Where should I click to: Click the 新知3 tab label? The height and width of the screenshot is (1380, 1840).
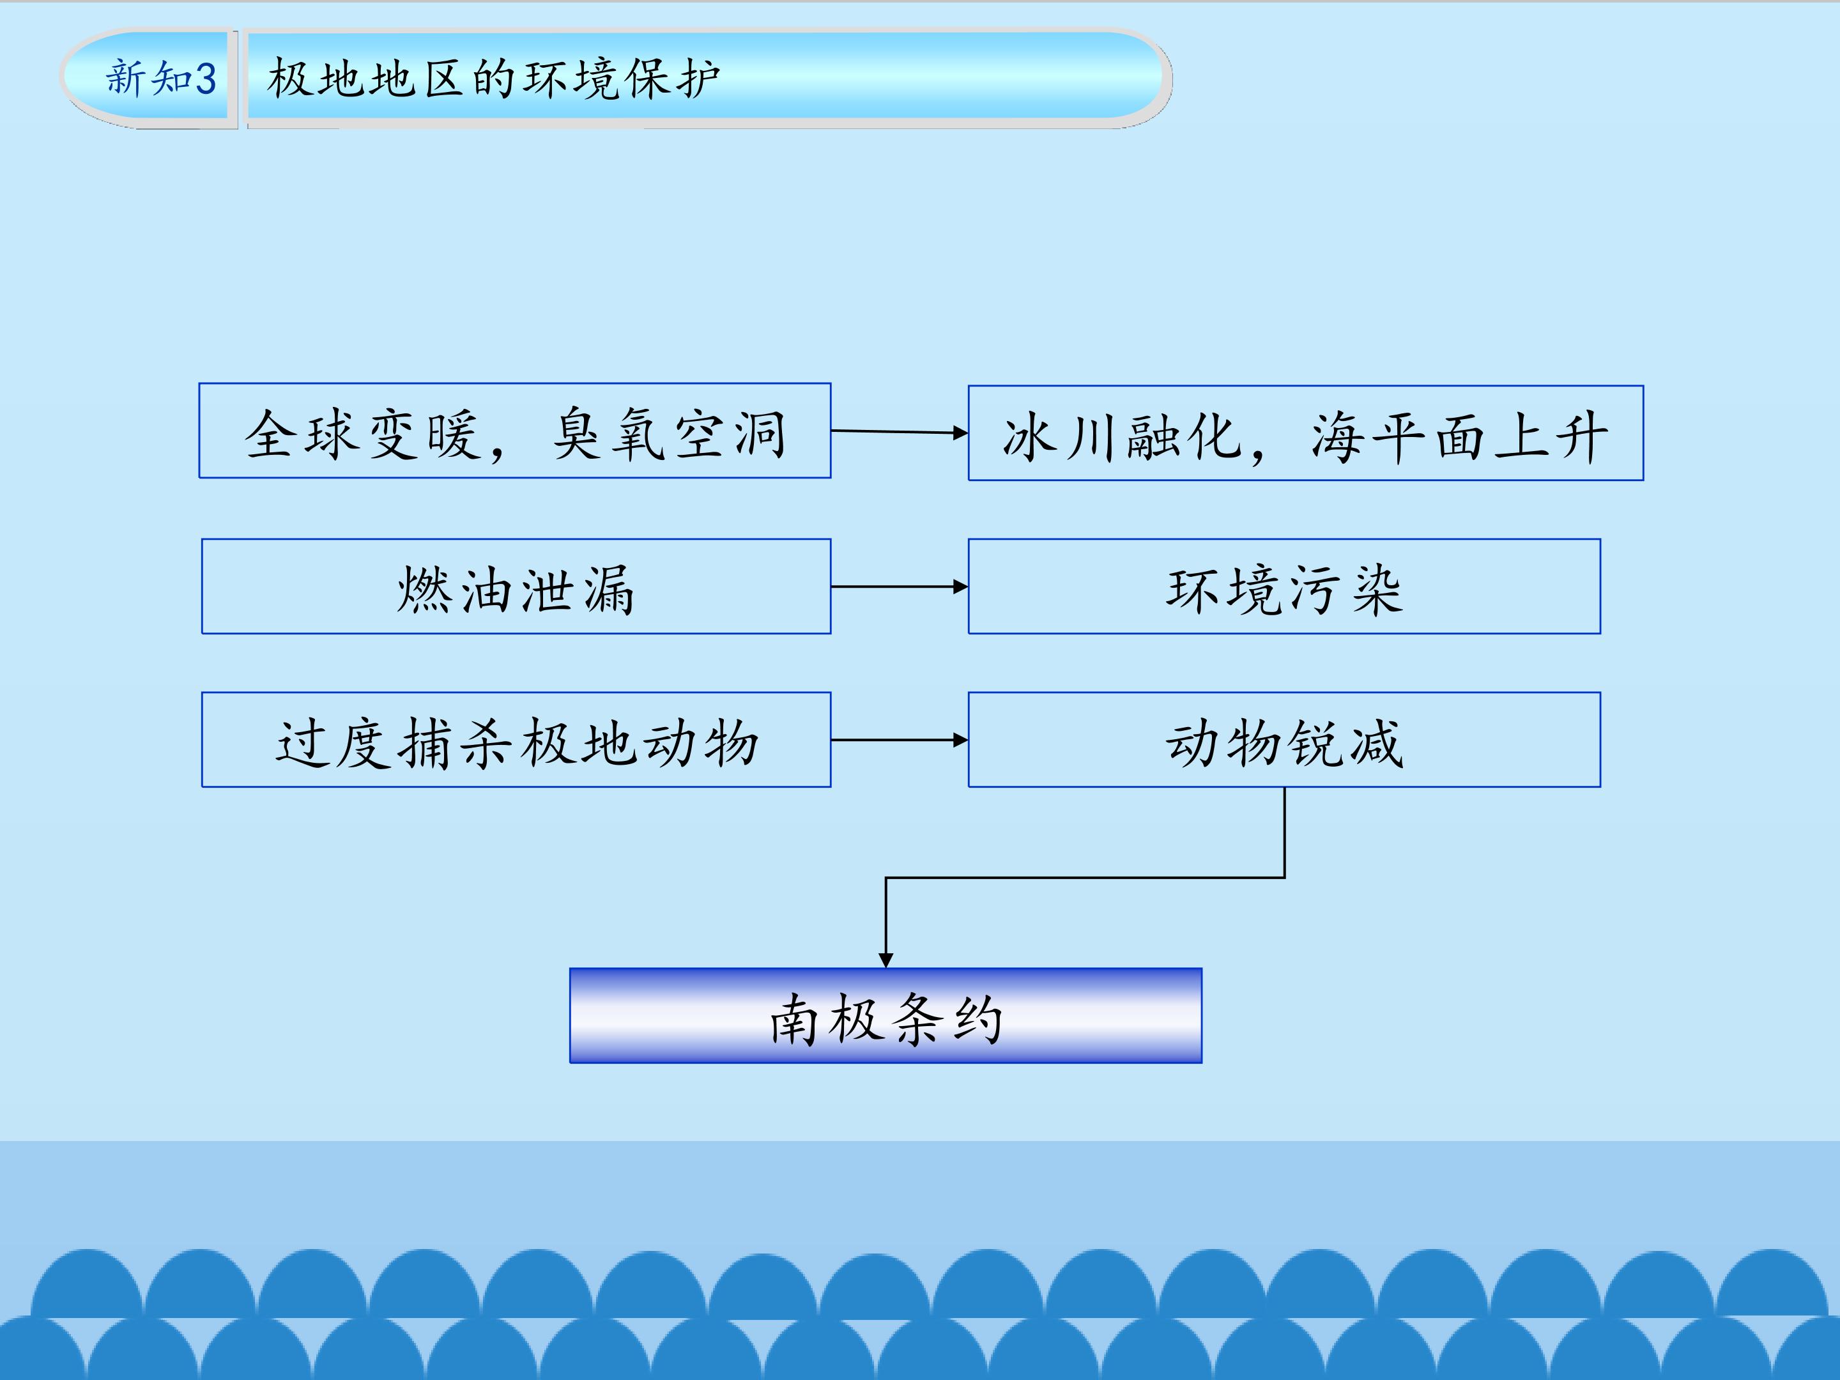point(160,78)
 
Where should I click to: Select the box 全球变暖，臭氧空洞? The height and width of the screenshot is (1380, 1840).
point(515,431)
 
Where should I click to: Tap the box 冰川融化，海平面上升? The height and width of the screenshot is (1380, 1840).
point(1306,433)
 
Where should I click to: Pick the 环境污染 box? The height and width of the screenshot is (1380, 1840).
point(1284,586)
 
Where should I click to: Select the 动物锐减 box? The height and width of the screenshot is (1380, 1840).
point(1284,739)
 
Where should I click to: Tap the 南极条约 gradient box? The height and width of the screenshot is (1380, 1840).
point(886,1016)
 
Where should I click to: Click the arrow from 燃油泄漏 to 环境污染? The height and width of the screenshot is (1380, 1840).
point(899,586)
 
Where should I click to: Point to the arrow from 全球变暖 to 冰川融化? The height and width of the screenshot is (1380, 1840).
point(899,432)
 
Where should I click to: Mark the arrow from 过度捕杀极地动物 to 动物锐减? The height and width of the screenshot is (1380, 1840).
point(899,739)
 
